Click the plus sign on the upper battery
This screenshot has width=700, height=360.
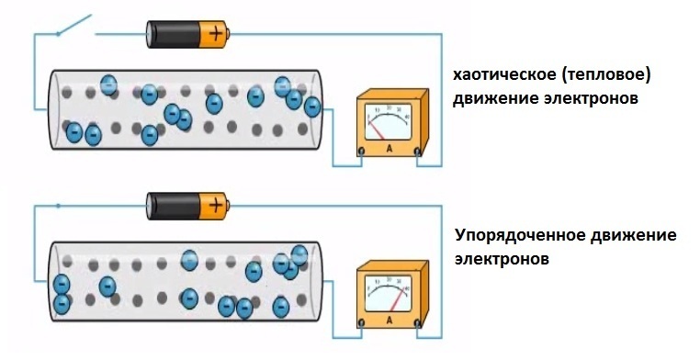click(216, 34)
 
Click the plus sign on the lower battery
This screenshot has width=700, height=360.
click(216, 206)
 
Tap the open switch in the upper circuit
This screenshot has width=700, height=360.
click(74, 25)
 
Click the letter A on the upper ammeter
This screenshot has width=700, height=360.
click(389, 149)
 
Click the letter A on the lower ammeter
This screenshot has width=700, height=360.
click(389, 321)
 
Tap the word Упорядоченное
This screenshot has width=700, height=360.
click(520, 236)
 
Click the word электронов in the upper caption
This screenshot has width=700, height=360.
click(591, 98)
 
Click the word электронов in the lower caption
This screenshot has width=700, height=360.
click(502, 259)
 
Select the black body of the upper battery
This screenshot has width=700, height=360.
click(174, 34)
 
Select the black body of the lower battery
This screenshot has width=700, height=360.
click(174, 206)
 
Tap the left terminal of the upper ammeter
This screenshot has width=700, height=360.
click(361, 152)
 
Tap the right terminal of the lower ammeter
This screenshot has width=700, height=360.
click(417, 323)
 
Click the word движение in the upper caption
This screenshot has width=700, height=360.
click(494, 99)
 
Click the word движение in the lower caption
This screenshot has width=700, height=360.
click(634, 235)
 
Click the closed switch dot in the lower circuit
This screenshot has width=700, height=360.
click(58, 206)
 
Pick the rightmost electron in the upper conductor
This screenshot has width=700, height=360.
click(312, 107)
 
